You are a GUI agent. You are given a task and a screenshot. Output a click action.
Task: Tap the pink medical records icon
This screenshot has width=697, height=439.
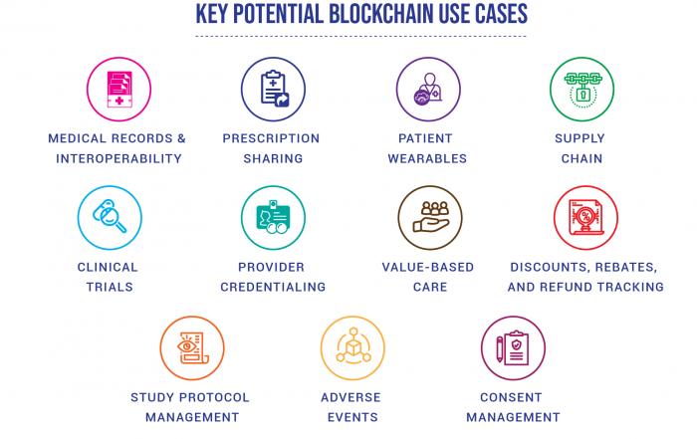point(118,90)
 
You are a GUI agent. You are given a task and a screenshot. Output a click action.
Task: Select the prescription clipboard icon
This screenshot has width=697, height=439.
point(274,89)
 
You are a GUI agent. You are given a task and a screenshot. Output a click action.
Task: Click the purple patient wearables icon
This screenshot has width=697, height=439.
point(427,89)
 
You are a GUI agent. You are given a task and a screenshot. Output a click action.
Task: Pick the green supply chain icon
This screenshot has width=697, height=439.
point(582,90)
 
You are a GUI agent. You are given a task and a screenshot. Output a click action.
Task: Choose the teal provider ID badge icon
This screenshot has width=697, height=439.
point(273,217)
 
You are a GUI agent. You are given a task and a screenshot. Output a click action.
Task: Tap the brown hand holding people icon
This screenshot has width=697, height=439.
point(430,217)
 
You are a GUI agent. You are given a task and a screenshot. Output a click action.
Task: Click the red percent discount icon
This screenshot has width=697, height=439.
point(585,217)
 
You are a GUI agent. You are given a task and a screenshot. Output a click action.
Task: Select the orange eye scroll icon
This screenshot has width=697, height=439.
point(192,347)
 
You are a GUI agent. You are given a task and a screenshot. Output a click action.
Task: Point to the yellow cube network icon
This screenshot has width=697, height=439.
point(352,346)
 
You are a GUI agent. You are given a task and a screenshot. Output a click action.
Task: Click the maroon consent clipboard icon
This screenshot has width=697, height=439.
point(513,347)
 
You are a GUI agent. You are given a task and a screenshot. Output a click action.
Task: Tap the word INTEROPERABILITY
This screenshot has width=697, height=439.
point(118,158)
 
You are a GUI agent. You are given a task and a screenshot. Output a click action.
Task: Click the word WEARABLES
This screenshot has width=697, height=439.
point(427,158)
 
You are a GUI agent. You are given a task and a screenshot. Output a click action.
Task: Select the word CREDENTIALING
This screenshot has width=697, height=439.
point(273,287)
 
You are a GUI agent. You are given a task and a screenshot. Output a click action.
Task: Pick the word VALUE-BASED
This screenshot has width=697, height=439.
point(428,267)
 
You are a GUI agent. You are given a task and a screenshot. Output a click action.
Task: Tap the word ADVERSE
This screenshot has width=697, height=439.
point(350,397)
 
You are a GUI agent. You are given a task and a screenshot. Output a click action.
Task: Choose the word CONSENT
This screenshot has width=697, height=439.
point(511,397)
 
